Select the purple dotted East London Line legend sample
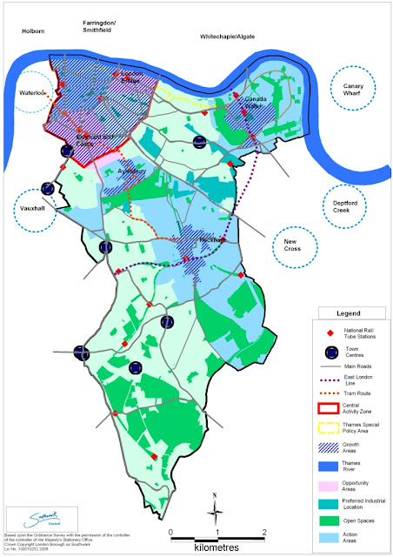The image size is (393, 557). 321,381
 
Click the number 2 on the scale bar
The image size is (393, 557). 263,532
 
